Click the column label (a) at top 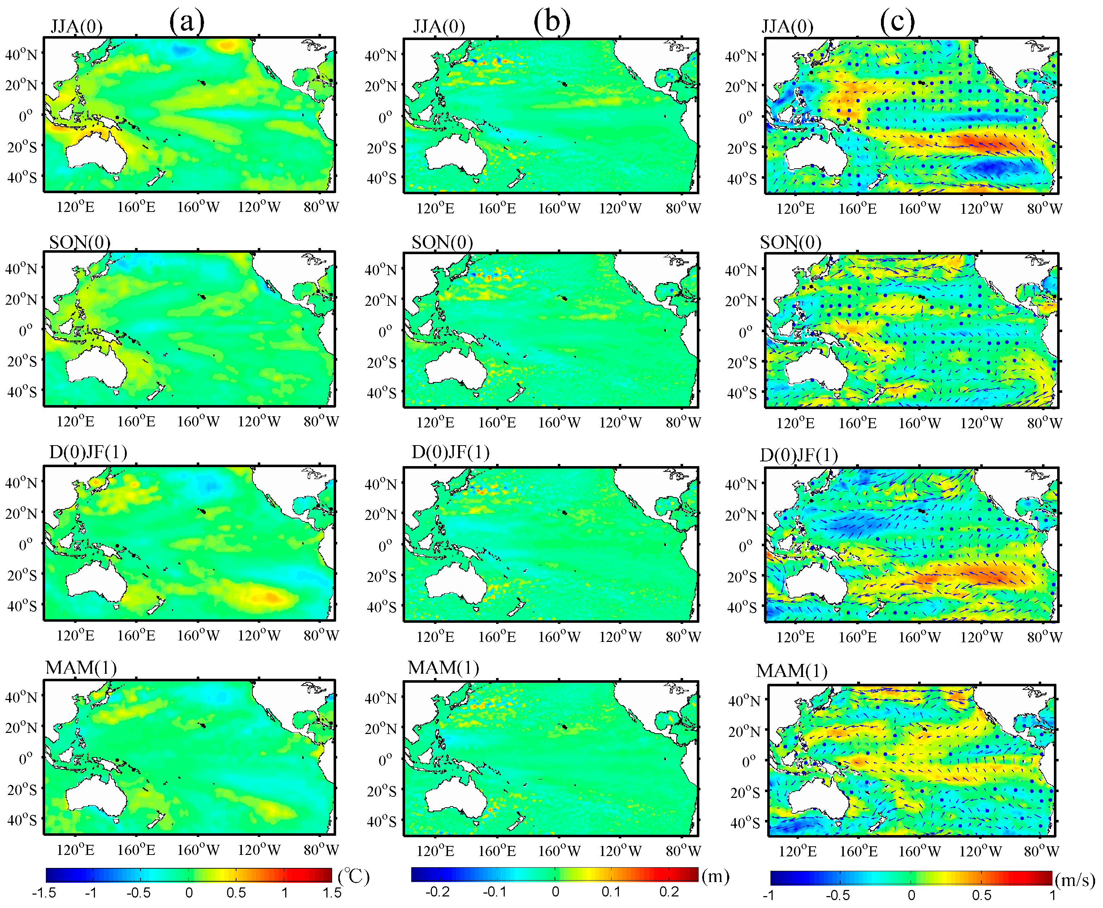(186, 22)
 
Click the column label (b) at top (551, 22)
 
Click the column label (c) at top (897, 22)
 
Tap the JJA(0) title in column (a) (76, 26)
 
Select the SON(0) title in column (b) (442, 242)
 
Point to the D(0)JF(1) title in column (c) (799, 455)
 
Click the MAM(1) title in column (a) (81, 668)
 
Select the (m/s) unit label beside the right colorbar (1075, 880)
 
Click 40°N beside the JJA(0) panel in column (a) (21, 55)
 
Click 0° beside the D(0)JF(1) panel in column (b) (386, 546)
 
